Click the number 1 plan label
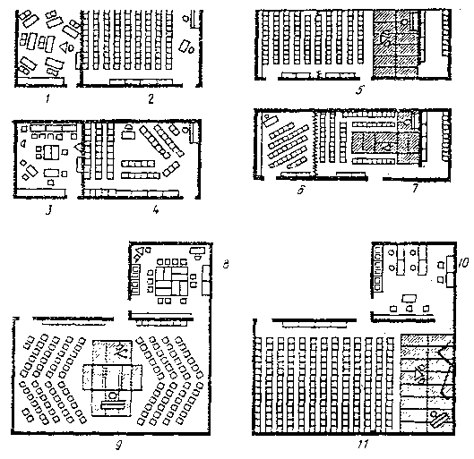(x=47, y=99)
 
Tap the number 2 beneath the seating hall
(x=151, y=99)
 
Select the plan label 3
(x=48, y=209)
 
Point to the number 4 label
(x=156, y=209)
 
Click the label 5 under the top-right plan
(x=360, y=90)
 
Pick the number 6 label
(x=301, y=190)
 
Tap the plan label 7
(x=416, y=188)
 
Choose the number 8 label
(x=226, y=264)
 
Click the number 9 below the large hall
(x=119, y=446)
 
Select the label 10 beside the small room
(x=463, y=262)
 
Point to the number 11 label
(x=363, y=444)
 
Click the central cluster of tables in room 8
(x=171, y=281)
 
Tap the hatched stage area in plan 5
(x=396, y=43)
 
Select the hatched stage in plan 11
(x=427, y=383)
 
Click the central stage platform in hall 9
(x=112, y=378)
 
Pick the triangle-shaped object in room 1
(x=64, y=47)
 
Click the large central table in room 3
(x=51, y=152)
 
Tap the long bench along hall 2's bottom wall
(x=141, y=81)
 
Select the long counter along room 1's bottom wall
(x=39, y=81)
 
